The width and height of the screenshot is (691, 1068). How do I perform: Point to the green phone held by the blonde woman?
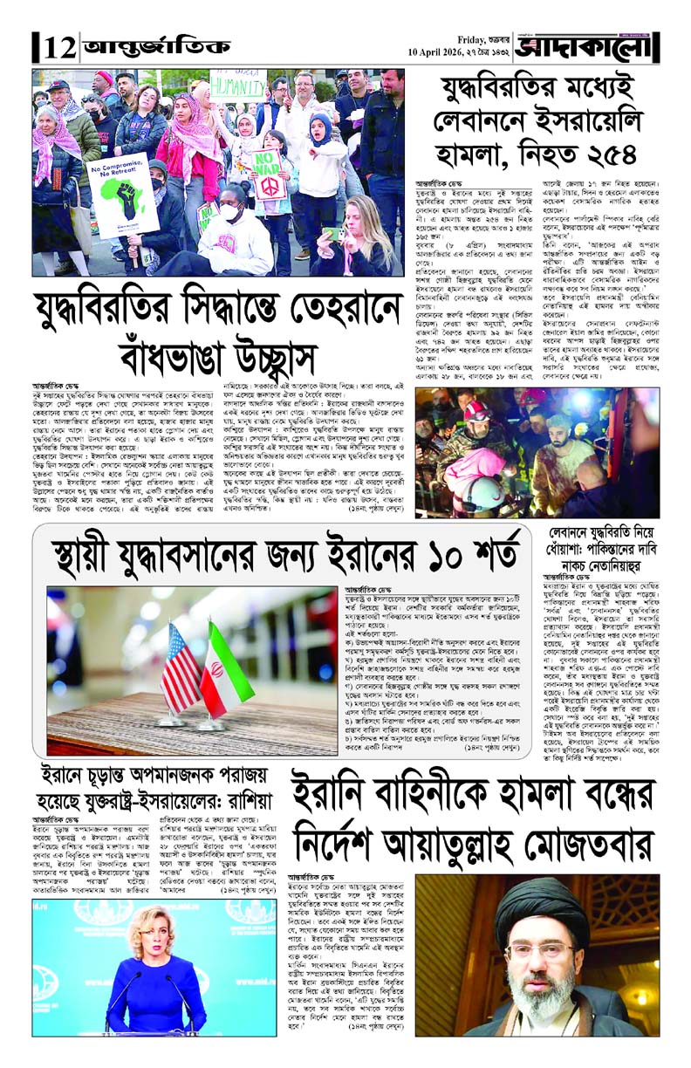click(332, 234)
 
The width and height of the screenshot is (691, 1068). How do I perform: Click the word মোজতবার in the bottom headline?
click(572, 840)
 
